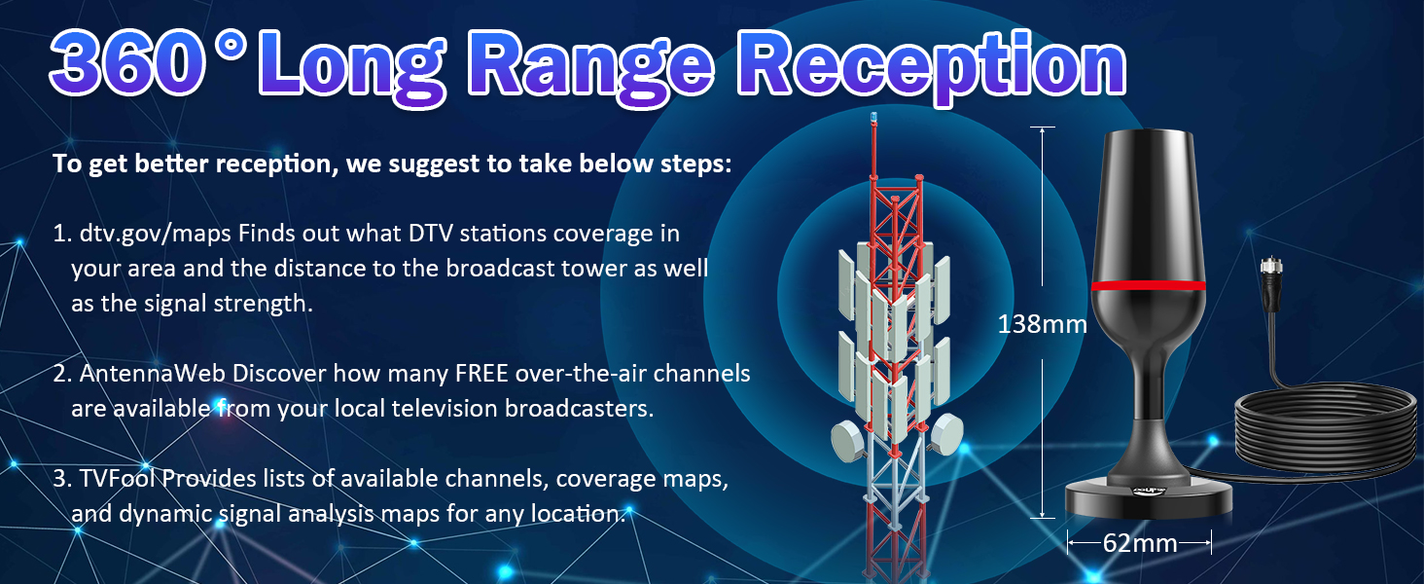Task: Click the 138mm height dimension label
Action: point(1042,324)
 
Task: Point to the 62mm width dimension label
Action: point(1139,543)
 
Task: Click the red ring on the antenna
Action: point(1148,286)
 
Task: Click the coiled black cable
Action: point(1328,428)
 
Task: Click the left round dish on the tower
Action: point(848,442)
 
